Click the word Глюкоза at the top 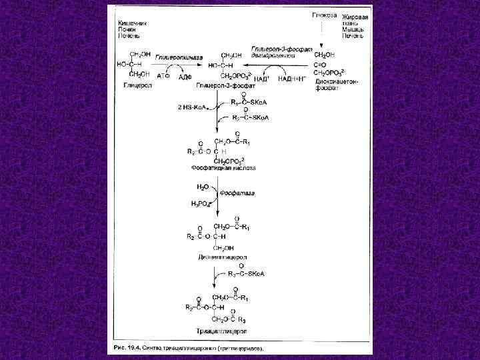point(325,15)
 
